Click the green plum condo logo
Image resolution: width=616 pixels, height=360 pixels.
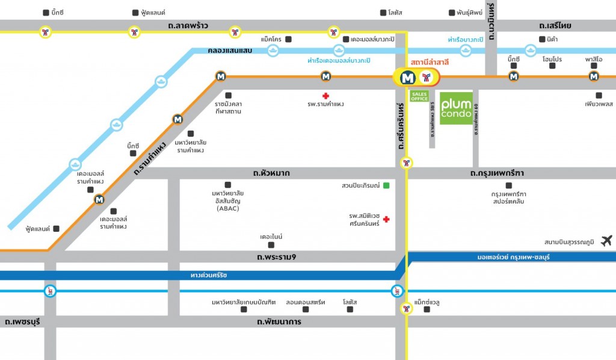[456, 108]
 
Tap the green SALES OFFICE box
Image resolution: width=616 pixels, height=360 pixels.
[419, 96]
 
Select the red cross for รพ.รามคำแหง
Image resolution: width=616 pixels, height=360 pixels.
[325, 96]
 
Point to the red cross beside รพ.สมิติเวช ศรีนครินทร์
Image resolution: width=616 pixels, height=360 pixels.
[386, 220]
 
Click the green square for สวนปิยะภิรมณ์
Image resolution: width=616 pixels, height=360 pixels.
[386, 185]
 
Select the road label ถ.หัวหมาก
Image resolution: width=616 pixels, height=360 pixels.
[271, 173]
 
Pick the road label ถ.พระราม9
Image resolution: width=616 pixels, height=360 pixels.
[276, 258]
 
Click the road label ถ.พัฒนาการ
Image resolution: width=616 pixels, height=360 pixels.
[279, 322]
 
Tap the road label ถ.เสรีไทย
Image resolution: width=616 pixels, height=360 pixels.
[555, 26]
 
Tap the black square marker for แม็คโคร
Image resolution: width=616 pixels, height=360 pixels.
[288, 39]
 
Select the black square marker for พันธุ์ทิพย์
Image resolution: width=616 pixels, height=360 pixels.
[452, 13]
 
